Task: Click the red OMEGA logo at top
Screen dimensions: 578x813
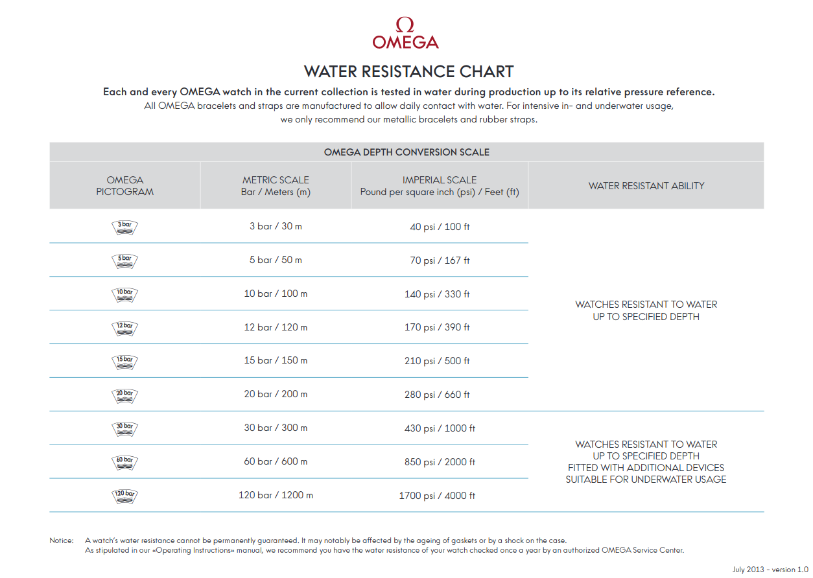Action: (405, 34)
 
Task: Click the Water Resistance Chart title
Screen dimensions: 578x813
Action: (408, 71)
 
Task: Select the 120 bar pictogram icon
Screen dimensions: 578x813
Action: (124, 496)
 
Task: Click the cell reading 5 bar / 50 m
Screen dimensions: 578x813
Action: (276, 260)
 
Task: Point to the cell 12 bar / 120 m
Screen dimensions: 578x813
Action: (276, 327)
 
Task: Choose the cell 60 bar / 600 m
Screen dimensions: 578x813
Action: (276, 461)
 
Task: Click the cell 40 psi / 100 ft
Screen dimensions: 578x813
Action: (440, 227)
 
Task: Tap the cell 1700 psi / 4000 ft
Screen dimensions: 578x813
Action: (437, 496)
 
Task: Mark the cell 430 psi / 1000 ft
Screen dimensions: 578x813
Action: (440, 428)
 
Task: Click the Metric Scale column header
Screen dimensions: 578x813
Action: (276, 186)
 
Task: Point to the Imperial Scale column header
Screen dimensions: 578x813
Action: (440, 186)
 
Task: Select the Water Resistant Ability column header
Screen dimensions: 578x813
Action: (646, 186)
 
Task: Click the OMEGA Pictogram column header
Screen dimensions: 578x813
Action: (125, 186)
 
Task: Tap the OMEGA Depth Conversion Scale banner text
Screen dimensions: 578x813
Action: (406, 152)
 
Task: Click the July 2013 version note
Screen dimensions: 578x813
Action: (764, 570)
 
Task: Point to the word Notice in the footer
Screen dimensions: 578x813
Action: (62, 540)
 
